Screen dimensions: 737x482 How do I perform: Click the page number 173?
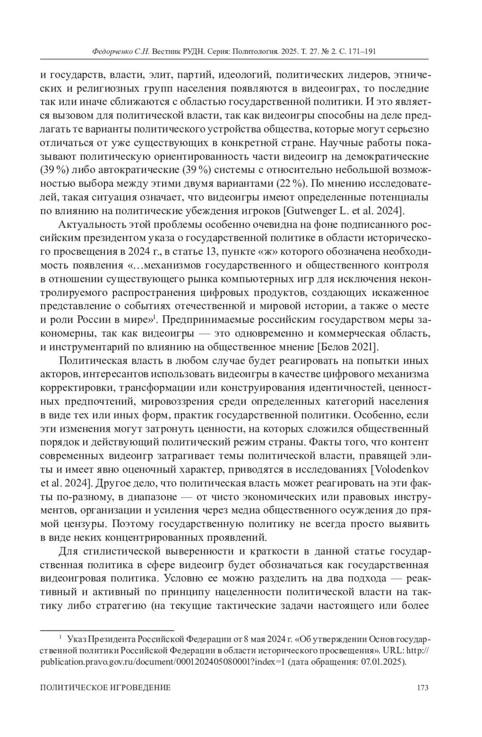(x=423, y=688)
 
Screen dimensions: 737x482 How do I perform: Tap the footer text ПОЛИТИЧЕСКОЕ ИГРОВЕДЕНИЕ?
(x=106, y=688)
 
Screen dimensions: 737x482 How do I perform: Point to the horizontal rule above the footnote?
(x=107, y=631)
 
